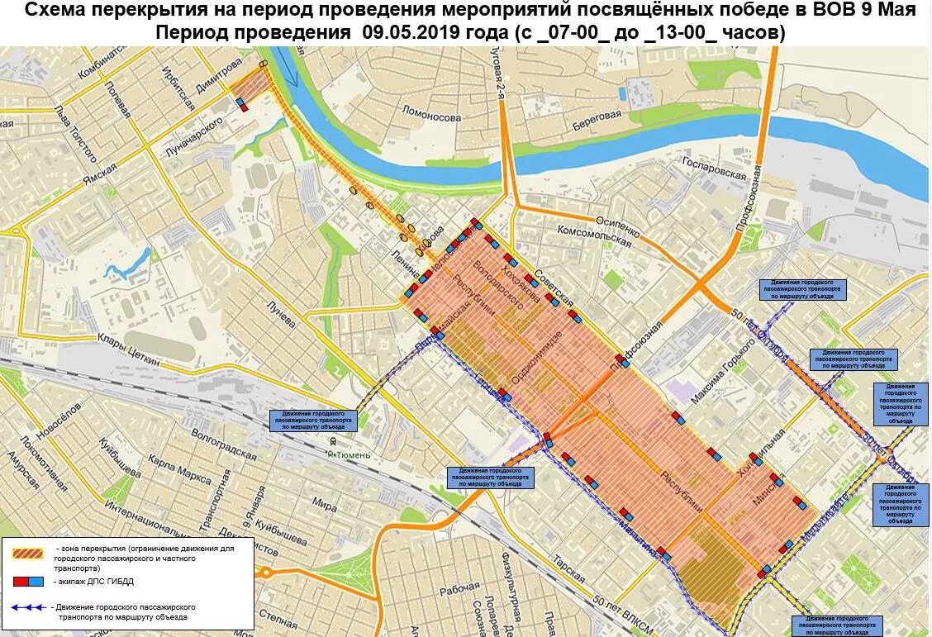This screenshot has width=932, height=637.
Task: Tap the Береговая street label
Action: [x=594, y=119]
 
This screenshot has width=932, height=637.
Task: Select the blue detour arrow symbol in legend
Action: [x=29, y=607]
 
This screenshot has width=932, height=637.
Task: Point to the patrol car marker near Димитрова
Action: [x=241, y=104]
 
